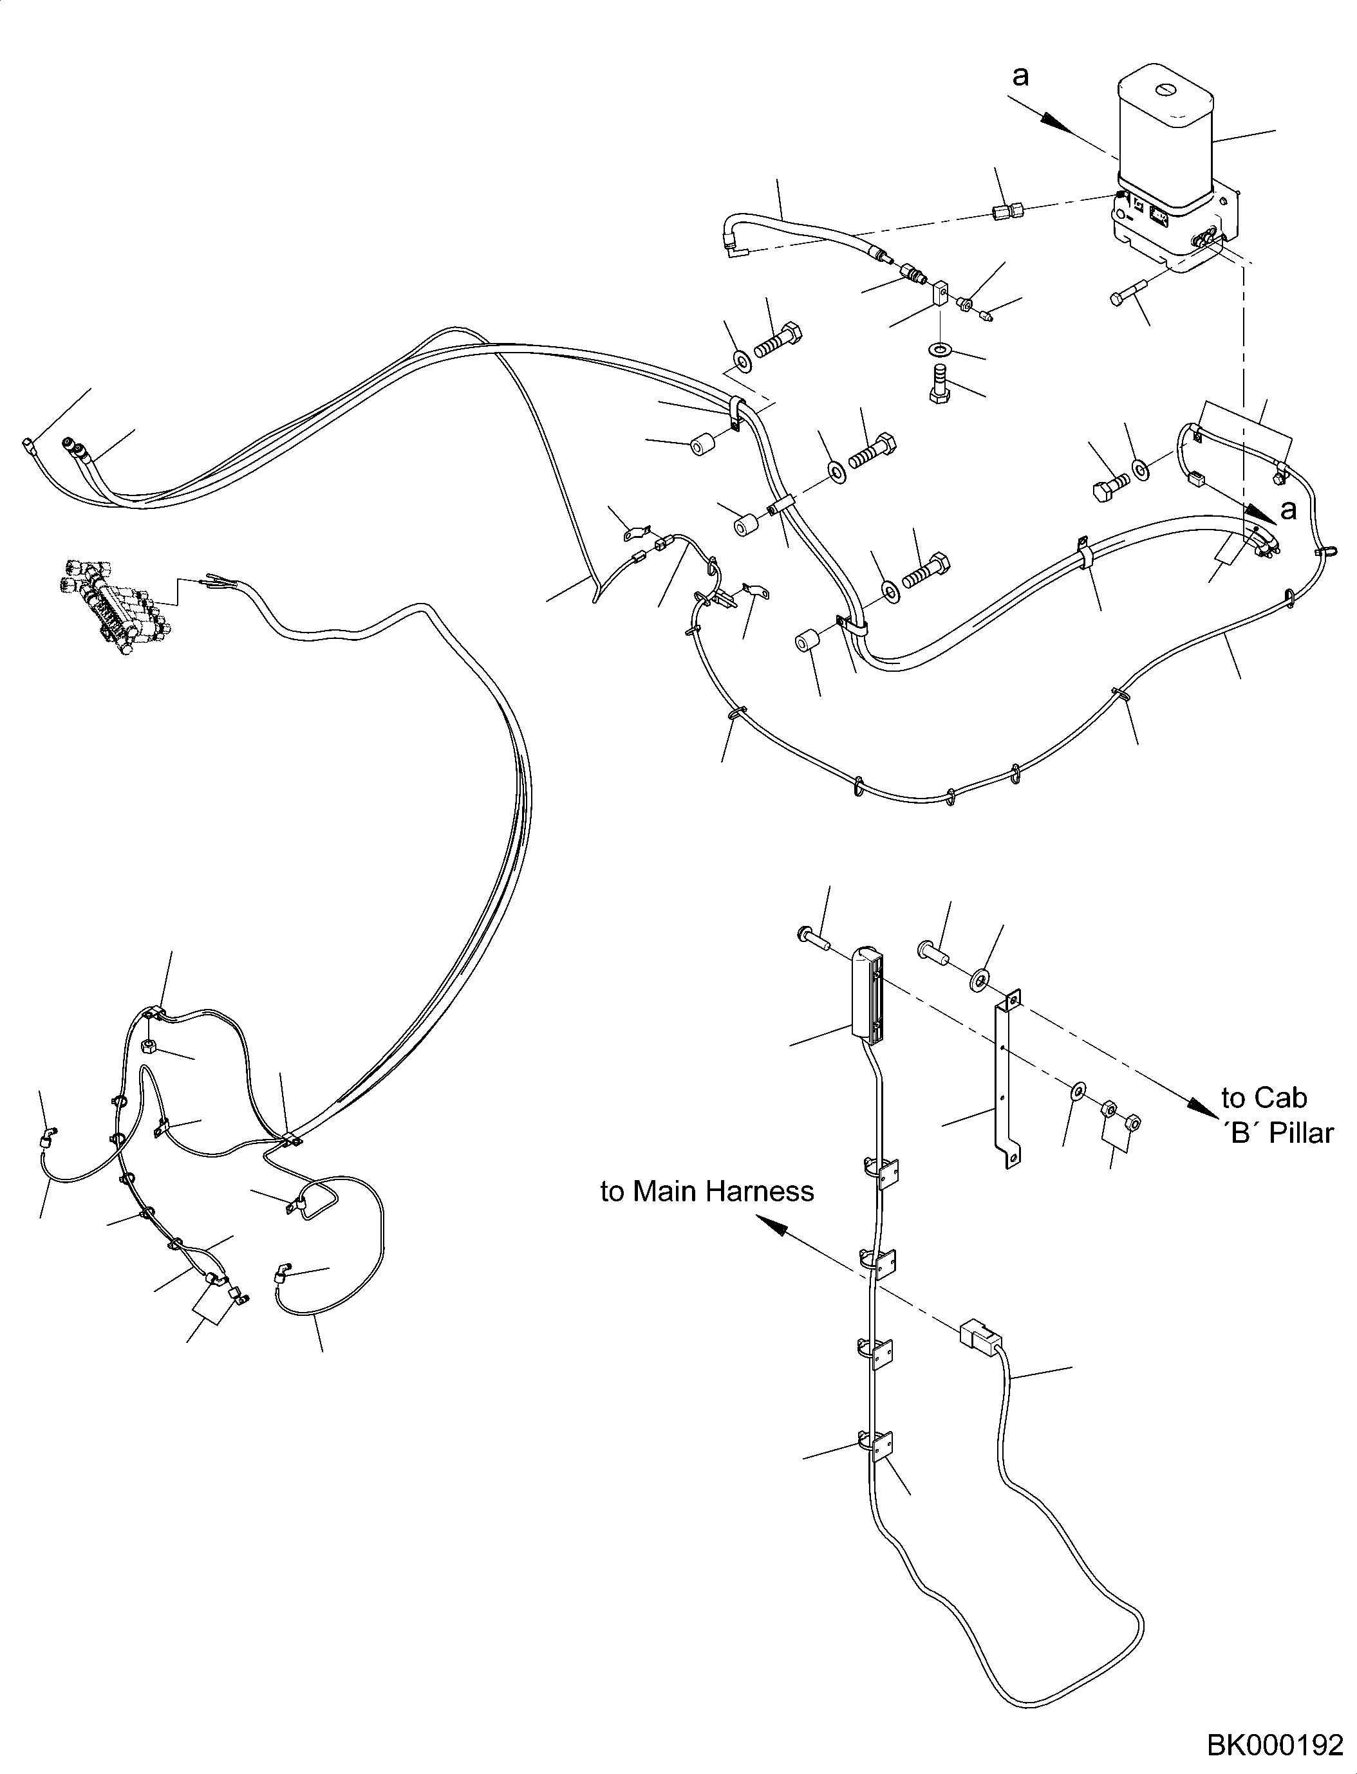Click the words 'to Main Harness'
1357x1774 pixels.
click(707, 1192)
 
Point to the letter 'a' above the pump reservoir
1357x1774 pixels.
click(1021, 77)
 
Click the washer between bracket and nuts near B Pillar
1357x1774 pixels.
click(1078, 1093)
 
